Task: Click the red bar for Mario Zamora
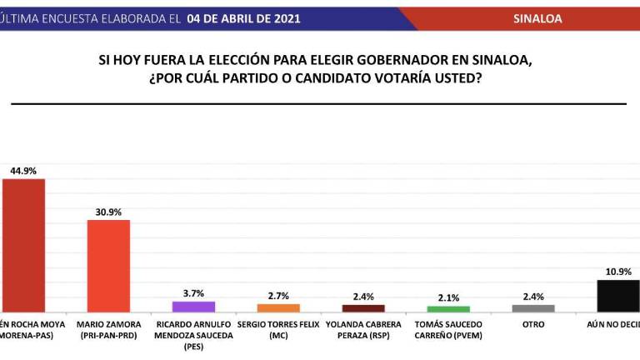(x=109, y=265)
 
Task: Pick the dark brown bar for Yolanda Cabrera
(x=363, y=308)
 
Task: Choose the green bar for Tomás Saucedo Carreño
(x=448, y=309)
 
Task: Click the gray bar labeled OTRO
(x=533, y=308)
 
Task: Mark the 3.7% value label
(x=194, y=293)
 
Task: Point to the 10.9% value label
(x=618, y=272)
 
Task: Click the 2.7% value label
(x=278, y=296)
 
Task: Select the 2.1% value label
(x=448, y=298)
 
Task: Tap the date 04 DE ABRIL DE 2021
(x=244, y=18)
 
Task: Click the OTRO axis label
(x=533, y=324)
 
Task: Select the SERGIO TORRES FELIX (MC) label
(x=278, y=329)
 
